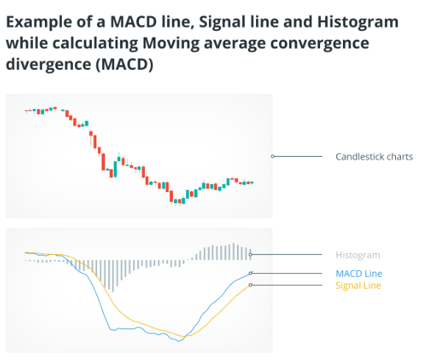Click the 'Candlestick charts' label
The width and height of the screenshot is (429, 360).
pos(374,157)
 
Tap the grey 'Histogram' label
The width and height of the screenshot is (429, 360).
pos(358,255)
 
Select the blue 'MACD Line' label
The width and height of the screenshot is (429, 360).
pos(358,273)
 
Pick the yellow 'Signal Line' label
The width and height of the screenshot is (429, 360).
pos(358,285)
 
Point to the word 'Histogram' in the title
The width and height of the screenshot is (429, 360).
pos(358,22)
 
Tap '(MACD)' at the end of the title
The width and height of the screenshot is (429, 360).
pos(124,65)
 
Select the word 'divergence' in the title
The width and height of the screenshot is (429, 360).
pos(49,65)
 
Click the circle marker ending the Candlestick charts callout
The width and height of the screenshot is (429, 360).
pos(272,156)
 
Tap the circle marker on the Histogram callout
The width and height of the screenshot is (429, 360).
pos(250,255)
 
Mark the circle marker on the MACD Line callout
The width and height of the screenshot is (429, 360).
pos(250,273)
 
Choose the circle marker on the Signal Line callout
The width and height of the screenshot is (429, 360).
pos(250,285)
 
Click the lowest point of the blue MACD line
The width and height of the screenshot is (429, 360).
pos(180,341)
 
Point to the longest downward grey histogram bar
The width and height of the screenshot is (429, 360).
pos(113,276)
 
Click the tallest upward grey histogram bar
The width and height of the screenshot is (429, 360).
pos(233,252)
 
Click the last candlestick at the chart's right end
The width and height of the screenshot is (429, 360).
pos(252,183)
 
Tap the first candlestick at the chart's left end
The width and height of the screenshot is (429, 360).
pos(26,111)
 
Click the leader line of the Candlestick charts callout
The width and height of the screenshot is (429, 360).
pos(298,156)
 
